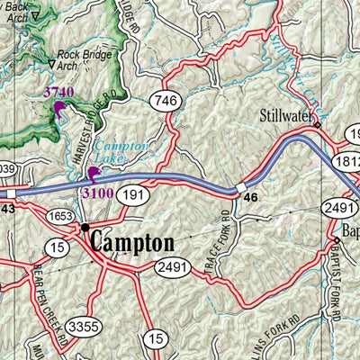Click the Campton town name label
[x=131, y=243]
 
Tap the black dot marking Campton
[x=85, y=227]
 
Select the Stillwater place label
[x=285, y=114]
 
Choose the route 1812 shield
[x=348, y=158]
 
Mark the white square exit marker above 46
[x=240, y=188]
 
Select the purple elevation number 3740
[x=59, y=93]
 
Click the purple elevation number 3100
[x=97, y=193]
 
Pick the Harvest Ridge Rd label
[x=106, y=118]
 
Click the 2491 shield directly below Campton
[x=172, y=267]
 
